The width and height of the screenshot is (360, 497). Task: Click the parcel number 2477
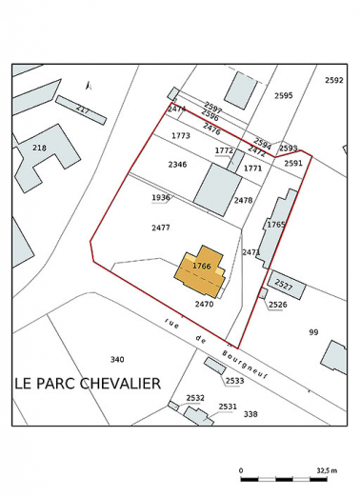[x=160, y=228]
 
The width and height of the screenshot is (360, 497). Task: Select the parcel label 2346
[x=177, y=165]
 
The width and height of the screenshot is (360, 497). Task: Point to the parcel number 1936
[x=160, y=198]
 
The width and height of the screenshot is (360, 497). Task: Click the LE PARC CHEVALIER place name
[x=88, y=383]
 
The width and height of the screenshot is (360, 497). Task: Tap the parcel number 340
[x=116, y=359]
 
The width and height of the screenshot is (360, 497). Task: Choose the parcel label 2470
[x=204, y=304]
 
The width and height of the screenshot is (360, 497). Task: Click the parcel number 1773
[x=181, y=136]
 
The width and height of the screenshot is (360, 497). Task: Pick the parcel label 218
[x=39, y=148]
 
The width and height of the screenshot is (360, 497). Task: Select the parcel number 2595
[x=283, y=95]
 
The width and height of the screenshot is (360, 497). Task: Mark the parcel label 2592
[x=333, y=81]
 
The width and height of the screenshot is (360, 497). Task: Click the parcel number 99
[x=313, y=331]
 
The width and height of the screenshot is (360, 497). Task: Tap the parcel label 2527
[x=283, y=285]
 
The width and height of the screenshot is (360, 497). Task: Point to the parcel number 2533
[x=235, y=381]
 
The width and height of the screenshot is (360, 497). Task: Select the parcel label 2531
[x=228, y=407]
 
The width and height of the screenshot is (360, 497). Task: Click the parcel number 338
[x=250, y=414]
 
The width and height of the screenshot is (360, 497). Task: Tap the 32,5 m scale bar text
[x=327, y=470]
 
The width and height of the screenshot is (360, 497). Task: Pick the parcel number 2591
[x=293, y=163]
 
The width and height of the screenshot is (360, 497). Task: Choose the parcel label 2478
[x=243, y=200]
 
